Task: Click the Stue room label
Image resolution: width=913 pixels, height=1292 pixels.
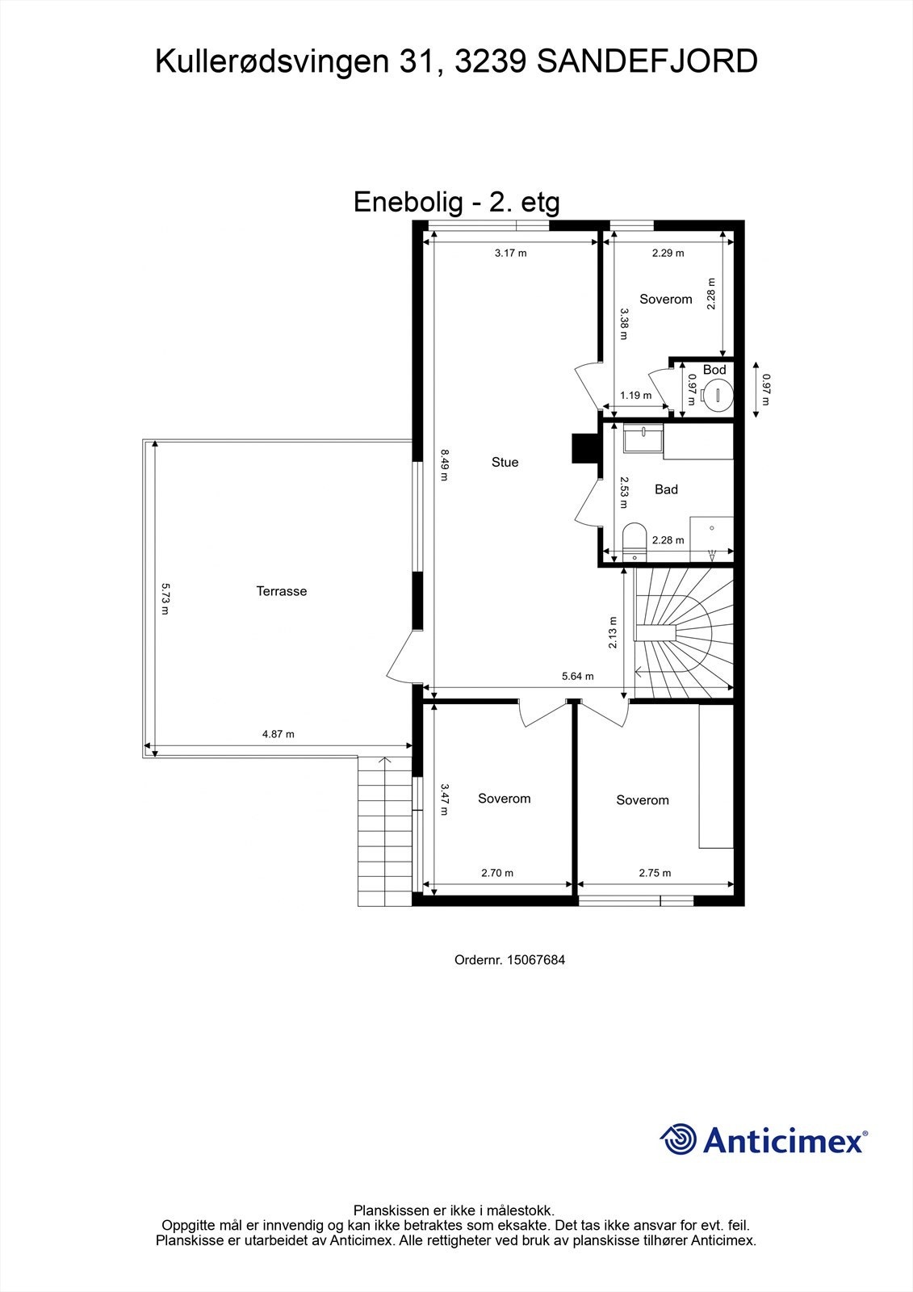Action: coord(505,463)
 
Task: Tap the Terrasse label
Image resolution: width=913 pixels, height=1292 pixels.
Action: coord(282,591)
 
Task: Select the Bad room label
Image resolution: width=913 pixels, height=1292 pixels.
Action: coord(666,489)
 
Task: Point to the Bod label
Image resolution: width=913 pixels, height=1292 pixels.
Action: coord(714,370)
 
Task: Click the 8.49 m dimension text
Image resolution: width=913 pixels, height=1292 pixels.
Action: coord(443,465)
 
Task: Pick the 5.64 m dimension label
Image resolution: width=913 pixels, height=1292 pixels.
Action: coord(577,677)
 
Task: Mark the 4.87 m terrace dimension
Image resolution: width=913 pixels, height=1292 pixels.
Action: coord(279,734)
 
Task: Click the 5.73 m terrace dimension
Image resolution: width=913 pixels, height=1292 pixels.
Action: coord(165,599)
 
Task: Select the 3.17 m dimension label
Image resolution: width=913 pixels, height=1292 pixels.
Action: coord(510,253)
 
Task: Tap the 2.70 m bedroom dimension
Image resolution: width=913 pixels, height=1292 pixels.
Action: coord(497,873)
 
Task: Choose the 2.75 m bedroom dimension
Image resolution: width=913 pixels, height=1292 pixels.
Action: coord(655,873)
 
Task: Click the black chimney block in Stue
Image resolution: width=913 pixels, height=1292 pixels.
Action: coord(584,448)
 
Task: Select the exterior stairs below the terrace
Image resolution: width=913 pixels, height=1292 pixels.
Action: coord(384,832)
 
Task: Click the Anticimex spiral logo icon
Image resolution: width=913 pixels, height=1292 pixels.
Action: coord(678,1139)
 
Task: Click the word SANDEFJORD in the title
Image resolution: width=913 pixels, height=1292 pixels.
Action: coord(647,61)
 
